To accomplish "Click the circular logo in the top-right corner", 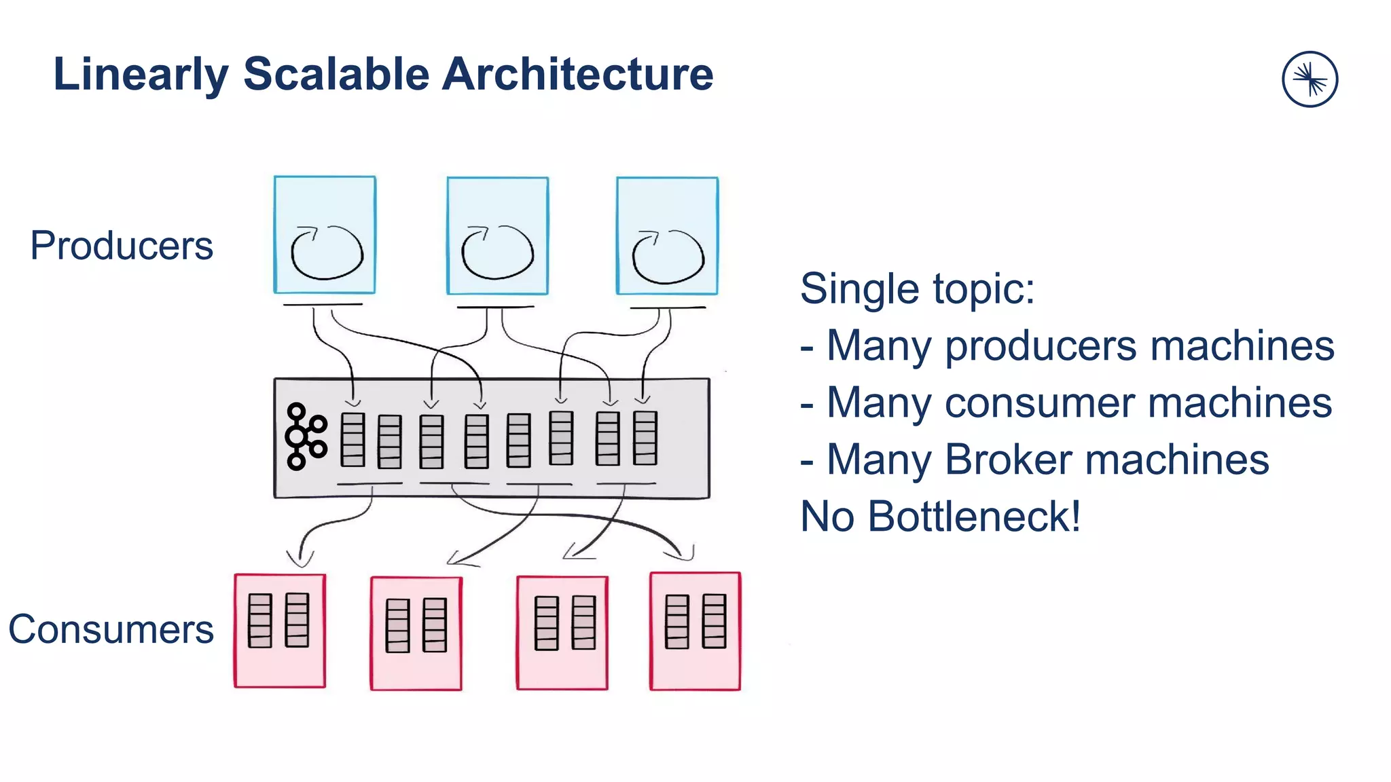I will (1309, 79).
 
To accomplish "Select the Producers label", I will (122, 246).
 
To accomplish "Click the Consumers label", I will (111, 629).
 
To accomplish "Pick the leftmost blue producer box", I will (325, 235).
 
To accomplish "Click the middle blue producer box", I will (497, 236).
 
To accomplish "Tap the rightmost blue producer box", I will (667, 236).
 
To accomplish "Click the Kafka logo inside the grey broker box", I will (304, 436).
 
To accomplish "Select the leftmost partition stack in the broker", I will (353, 440).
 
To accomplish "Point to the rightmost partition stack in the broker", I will (645, 438).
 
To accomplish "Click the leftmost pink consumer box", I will (280, 631).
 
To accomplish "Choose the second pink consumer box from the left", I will (416, 633).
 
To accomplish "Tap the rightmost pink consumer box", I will (695, 631).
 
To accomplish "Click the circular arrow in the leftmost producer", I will (327, 253).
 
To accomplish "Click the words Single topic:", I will (917, 288).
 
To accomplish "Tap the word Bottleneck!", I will (974, 517).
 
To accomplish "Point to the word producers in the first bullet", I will (1040, 346).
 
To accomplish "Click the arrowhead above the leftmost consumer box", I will (300, 559).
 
